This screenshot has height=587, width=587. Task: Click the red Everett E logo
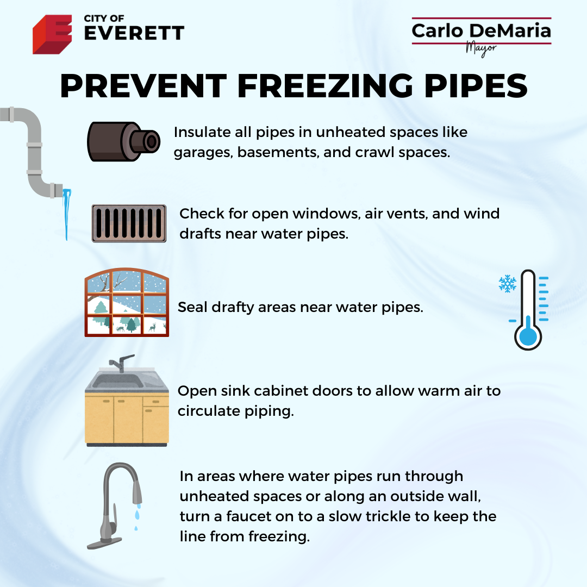(x=52, y=34)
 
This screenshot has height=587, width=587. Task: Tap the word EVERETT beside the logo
(x=134, y=33)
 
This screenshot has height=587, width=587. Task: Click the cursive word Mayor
(x=481, y=49)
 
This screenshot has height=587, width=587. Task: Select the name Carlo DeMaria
(x=482, y=30)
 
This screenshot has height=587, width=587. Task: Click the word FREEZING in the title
(x=325, y=86)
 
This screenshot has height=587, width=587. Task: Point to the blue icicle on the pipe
(x=67, y=214)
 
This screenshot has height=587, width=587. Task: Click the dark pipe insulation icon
(x=123, y=141)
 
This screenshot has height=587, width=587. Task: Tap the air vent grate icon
(x=129, y=223)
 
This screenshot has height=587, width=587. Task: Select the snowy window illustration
(x=127, y=302)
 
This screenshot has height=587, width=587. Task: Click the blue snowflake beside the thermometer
(x=508, y=284)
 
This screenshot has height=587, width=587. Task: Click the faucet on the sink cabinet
(x=121, y=363)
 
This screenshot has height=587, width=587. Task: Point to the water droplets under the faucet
(x=137, y=517)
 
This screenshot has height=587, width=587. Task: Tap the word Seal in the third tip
(x=192, y=307)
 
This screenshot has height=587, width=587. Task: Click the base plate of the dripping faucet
(x=104, y=543)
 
